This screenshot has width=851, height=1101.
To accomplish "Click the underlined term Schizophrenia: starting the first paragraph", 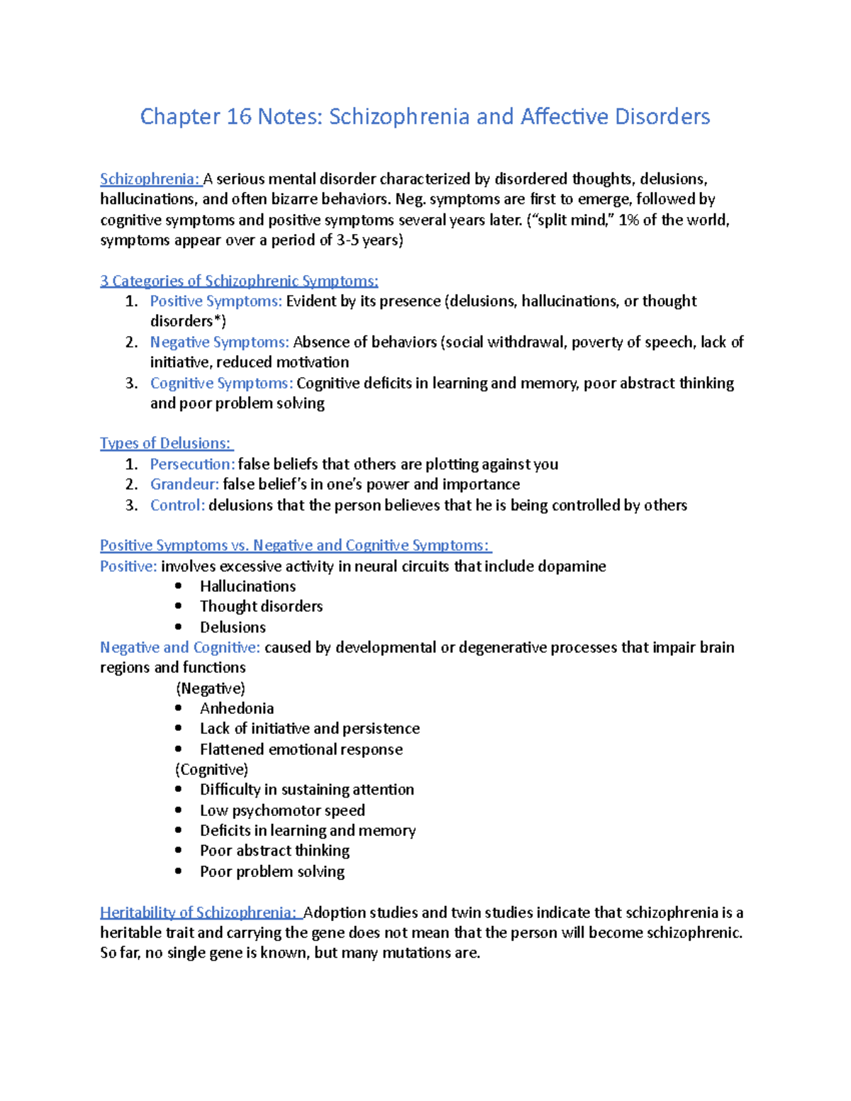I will pyautogui.click(x=150, y=179).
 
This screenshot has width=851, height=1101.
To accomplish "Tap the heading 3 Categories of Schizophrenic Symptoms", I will pyautogui.click(x=239, y=281).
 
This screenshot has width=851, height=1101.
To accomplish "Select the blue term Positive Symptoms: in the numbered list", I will pyautogui.click(x=216, y=301).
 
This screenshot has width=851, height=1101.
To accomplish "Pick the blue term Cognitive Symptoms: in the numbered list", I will pyautogui.click(x=221, y=384).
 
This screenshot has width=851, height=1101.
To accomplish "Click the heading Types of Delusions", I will pyautogui.click(x=165, y=444).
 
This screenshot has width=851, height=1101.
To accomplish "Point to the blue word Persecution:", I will pyautogui.click(x=192, y=464).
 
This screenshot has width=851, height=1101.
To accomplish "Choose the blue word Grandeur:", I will pyautogui.click(x=184, y=484).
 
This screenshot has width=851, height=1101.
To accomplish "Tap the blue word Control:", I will pyautogui.click(x=177, y=505).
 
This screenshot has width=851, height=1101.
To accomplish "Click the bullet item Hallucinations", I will pyautogui.click(x=247, y=586).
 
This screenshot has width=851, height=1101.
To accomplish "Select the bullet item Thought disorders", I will pyautogui.click(x=261, y=606).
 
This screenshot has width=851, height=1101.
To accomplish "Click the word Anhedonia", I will pyautogui.click(x=236, y=708).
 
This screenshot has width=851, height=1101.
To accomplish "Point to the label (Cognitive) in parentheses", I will pyautogui.click(x=211, y=770).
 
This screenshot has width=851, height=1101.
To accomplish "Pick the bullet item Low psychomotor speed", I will pyautogui.click(x=282, y=810).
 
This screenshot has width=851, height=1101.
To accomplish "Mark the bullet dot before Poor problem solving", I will pyautogui.click(x=179, y=871).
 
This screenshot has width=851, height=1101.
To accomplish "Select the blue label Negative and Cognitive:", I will pyautogui.click(x=180, y=647).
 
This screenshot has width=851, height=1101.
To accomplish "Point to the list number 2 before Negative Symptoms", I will pyautogui.click(x=131, y=342).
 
